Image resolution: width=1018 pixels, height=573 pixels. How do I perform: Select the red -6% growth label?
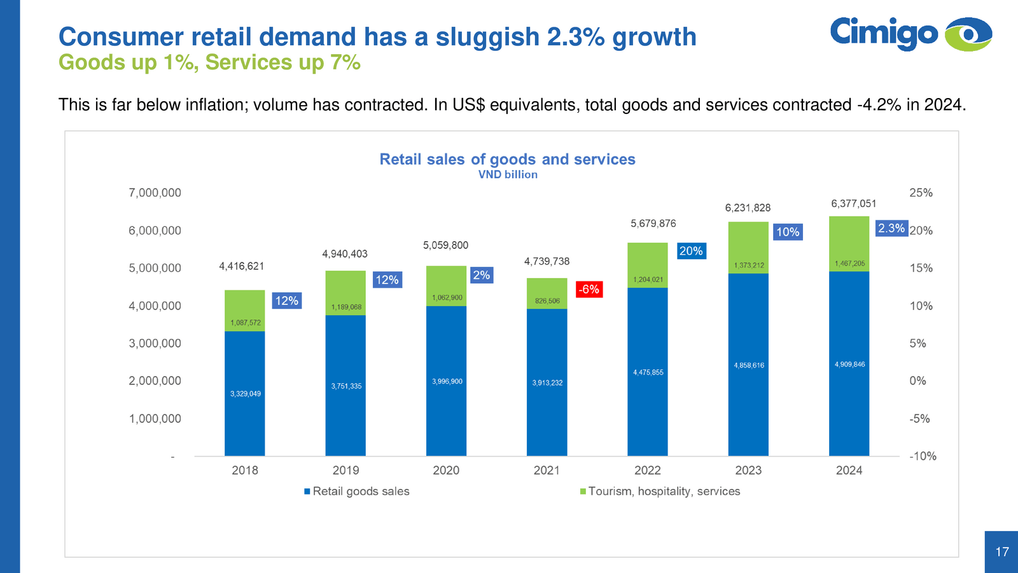[589, 290]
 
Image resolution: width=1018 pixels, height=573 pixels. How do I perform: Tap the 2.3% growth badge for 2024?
[891, 229]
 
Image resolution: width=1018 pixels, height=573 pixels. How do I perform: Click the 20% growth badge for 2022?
[691, 251]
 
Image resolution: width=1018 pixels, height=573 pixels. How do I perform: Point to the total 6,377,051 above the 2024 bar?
[853, 204]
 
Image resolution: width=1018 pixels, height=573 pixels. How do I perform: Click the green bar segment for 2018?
[245, 311]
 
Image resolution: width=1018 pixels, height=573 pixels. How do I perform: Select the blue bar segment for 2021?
[547, 382]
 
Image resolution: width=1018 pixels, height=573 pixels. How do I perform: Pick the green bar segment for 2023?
[748, 248]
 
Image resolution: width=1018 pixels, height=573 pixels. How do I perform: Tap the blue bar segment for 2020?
[446, 381]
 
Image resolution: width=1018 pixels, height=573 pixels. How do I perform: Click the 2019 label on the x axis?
[345, 470]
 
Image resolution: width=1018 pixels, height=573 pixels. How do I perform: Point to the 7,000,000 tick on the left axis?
[155, 193]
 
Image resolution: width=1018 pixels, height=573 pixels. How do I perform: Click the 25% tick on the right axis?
[921, 193]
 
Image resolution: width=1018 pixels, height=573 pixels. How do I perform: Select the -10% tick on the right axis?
[923, 456]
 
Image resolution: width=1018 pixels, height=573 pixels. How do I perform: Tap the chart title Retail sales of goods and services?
[507, 159]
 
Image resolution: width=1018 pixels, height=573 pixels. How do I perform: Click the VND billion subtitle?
[508, 174]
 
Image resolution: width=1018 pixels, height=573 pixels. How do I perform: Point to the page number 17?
[1002, 552]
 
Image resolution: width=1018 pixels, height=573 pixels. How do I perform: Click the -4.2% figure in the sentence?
[879, 105]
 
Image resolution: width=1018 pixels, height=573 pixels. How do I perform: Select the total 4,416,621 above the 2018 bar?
[241, 266]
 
